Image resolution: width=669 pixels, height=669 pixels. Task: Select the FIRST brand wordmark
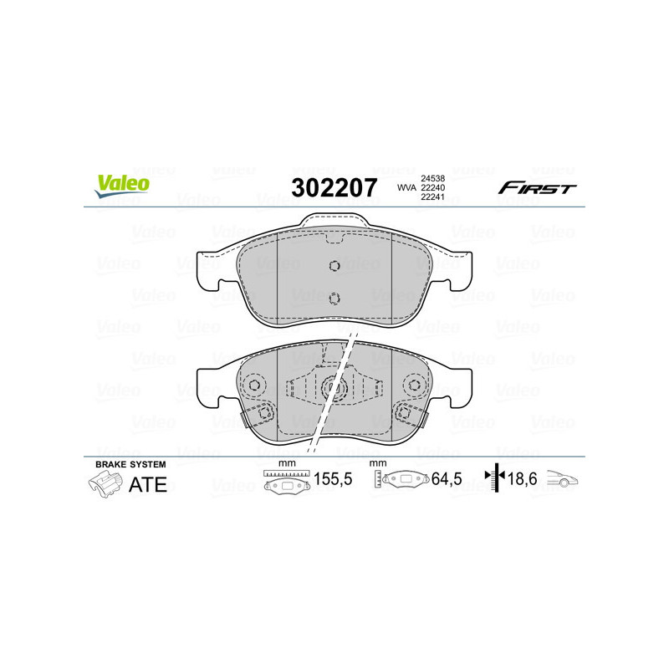537,188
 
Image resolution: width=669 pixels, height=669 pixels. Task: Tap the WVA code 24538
432,178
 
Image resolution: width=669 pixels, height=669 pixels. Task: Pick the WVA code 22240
432,188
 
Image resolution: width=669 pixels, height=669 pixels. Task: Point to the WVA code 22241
432,198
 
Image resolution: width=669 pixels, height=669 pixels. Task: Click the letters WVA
406,188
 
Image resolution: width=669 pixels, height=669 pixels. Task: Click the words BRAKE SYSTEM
130,463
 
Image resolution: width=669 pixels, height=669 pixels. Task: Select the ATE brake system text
147,484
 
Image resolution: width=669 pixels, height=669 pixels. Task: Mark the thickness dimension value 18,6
523,480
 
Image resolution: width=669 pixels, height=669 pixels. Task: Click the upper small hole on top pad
334,267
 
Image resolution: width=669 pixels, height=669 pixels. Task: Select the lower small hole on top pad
334,298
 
